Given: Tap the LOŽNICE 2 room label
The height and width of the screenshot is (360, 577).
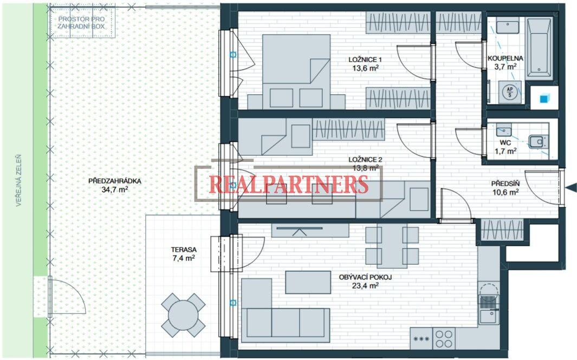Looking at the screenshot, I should click(x=365, y=160).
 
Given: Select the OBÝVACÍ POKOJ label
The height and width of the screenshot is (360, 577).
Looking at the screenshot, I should click(x=365, y=277).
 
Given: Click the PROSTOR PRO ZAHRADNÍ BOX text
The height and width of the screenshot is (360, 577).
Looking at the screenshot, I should click(x=82, y=22).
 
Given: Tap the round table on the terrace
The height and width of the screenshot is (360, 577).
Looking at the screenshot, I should click(x=183, y=315).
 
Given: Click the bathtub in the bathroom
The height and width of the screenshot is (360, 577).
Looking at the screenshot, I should click(x=540, y=48).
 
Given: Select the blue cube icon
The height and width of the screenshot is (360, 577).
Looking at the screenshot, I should click(x=544, y=98).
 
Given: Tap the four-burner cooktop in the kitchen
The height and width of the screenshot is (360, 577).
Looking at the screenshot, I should click(x=444, y=338).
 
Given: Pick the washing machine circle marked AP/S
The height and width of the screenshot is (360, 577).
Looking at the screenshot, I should click(x=509, y=91).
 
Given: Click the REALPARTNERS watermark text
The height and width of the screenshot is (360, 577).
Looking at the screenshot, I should click(x=289, y=185).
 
